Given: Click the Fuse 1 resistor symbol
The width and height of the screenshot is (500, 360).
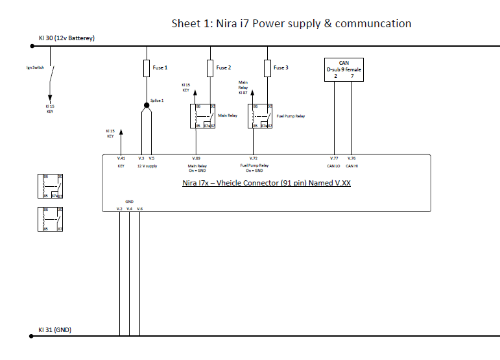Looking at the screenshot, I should [x=147, y=68].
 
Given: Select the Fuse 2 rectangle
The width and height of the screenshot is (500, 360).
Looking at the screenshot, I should [x=210, y=68].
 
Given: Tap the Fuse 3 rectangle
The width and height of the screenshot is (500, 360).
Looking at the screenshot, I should [x=267, y=68].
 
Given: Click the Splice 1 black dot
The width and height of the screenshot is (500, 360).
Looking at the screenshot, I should [x=147, y=104].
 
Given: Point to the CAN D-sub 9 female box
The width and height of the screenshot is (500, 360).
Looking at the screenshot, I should [x=344, y=70].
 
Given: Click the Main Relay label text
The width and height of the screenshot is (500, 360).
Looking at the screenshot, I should [x=228, y=116].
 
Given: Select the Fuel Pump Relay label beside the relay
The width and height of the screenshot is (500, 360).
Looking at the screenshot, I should [x=291, y=116].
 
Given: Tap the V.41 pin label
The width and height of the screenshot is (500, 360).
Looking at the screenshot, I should [x=121, y=158].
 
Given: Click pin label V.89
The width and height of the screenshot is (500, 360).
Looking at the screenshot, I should [x=196, y=158].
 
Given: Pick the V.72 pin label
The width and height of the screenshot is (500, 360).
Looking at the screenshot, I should [x=254, y=158].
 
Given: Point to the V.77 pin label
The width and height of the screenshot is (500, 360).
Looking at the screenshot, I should [x=334, y=158].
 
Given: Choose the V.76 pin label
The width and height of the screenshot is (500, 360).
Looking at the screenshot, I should [x=351, y=158].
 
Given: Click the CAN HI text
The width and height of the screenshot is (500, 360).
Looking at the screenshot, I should [x=352, y=166].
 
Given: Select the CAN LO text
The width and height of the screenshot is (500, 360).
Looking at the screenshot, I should [x=334, y=166].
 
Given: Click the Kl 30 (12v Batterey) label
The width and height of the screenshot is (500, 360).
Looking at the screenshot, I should [x=66, y=38].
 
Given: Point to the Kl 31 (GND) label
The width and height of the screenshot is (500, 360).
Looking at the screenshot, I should [x=54, y=330].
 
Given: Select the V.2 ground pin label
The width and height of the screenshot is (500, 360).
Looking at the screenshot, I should [x=119, y=208].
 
